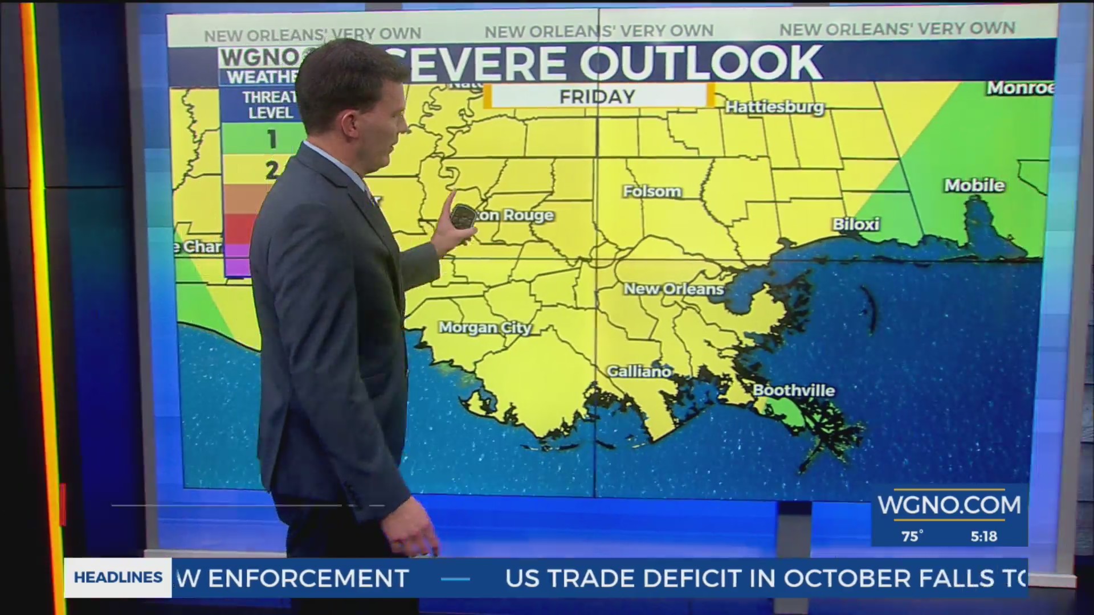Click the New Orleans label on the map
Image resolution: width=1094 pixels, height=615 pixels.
(x=673, y=289)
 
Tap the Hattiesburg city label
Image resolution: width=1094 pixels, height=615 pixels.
(x=774, y=107)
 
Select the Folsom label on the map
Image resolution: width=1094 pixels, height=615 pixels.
(x=652, y=191)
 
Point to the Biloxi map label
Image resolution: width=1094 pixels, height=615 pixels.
(x=856, y=224)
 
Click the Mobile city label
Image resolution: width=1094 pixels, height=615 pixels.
(x=974, y=185)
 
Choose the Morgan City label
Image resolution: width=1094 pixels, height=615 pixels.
(x=485, y=327)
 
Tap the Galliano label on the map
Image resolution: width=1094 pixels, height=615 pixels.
(x=639, y=371)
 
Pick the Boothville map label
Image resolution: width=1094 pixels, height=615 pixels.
(x=794, y=391)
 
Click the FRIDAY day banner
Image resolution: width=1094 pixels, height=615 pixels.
(x=597, y=96)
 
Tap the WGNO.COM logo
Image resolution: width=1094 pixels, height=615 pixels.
(x=949, y=505)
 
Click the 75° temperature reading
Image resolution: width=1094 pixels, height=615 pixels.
(x=912, y=536)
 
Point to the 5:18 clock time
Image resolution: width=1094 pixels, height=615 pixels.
(x=984, y=536)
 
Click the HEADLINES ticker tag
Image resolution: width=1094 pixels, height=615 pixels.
(x=118, y=577)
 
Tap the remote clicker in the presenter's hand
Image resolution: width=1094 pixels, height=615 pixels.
(x=463, y=218)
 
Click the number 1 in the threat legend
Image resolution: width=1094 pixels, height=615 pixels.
(x=272, y=140)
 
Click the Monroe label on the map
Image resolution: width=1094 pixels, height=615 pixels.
(x=1020, y=88)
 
